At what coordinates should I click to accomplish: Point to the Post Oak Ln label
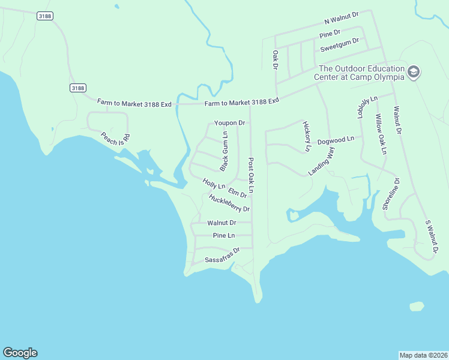pyautogui.click(x=251, y=176)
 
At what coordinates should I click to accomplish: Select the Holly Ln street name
pyautogui.click(x=214, y=184)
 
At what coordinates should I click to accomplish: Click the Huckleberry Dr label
pyautogui.click(x=229, y=203)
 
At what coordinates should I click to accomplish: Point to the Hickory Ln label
pyautogui.click(x=307, y=136)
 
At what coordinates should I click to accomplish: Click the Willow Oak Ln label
pyautogui.click(x=381, y=134)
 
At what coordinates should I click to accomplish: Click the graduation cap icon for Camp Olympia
pyautogui.click(x=413, y=72)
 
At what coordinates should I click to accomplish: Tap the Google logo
pyautogui.click(x=20, y=353)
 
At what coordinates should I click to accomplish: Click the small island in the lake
pyautogui.click(x=416, y=307)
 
